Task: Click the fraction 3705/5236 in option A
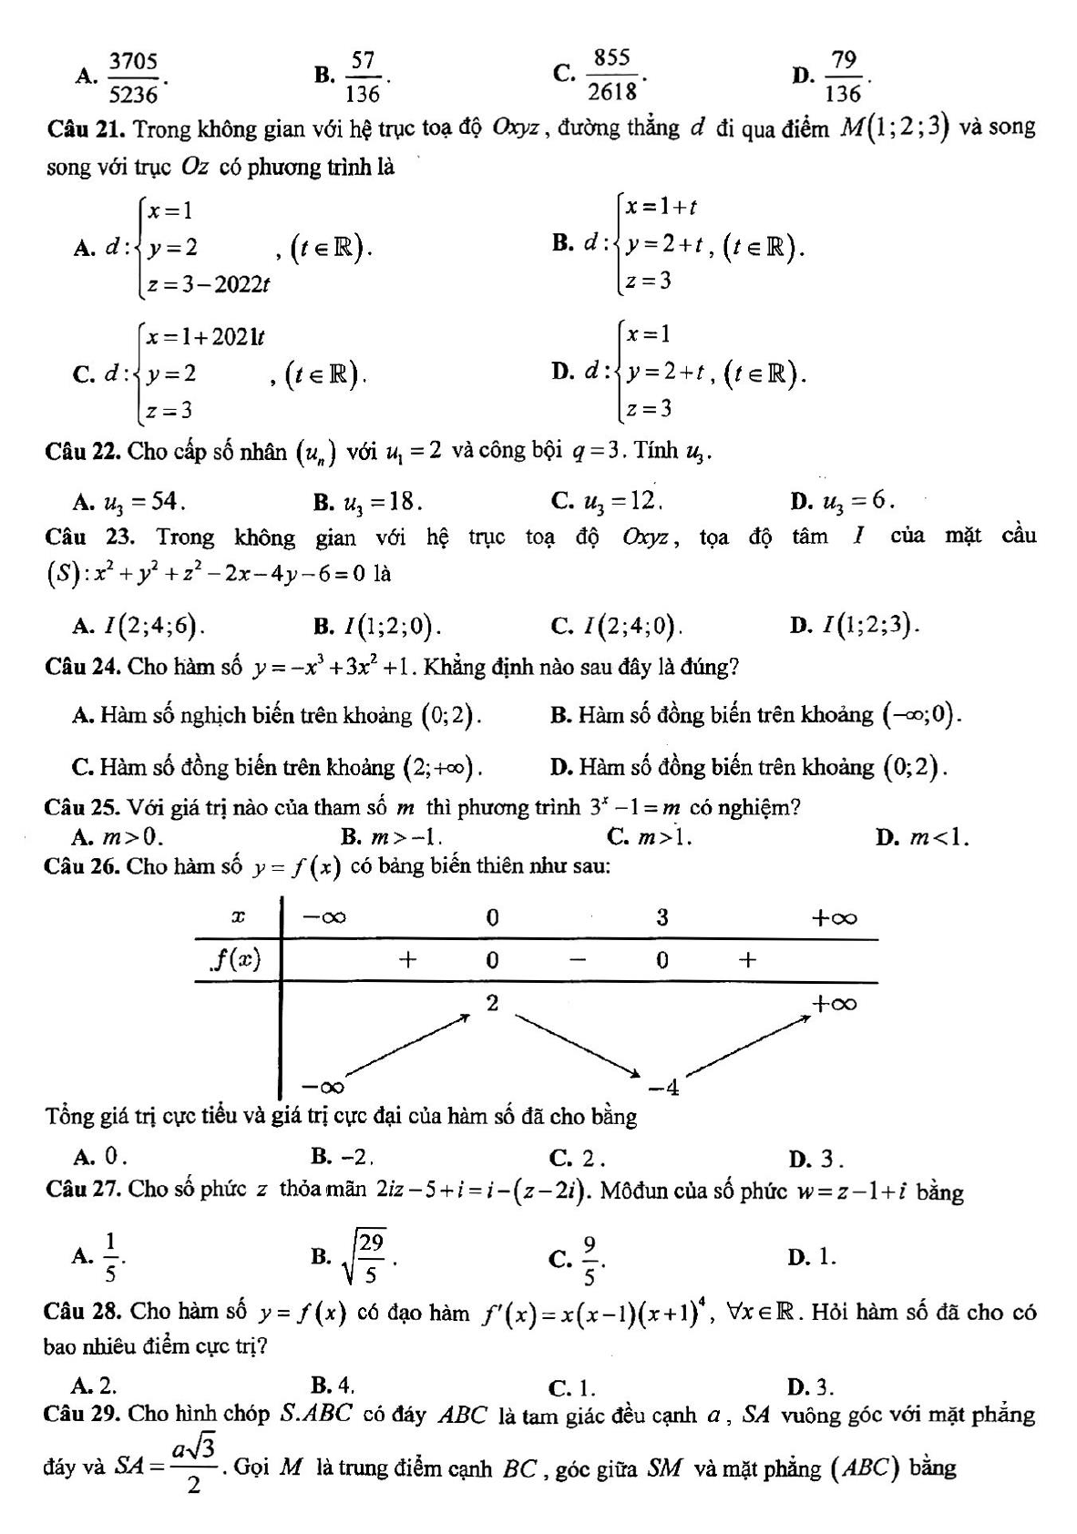tap(133, 77)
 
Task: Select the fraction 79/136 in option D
tap(844, 77)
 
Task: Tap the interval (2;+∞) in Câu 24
tap(441, 767)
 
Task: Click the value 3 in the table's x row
tap(662, 917)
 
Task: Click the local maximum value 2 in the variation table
tap(492, 1003)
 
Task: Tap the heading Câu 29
tap(83, 1415)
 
